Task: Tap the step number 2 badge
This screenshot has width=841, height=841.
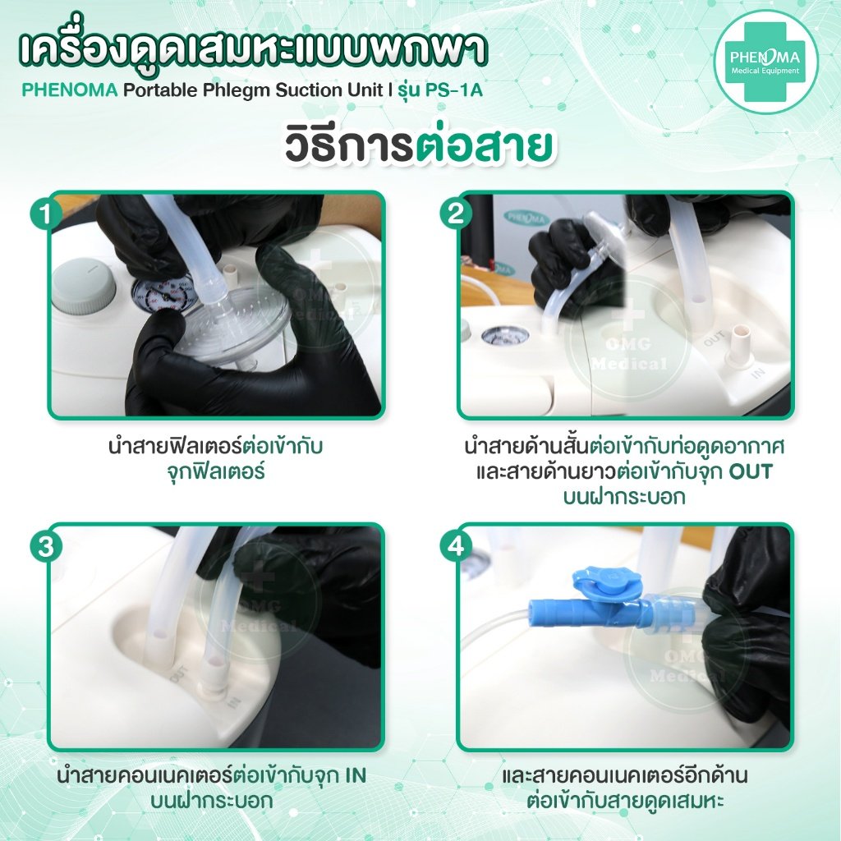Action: (x=454, y=215)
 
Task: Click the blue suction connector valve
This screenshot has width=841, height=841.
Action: (x=591, y=608)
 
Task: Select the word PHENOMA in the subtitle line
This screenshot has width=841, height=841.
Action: (x=70, y=90)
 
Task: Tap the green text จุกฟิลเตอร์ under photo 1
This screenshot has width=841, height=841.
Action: (x=218, y=474)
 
